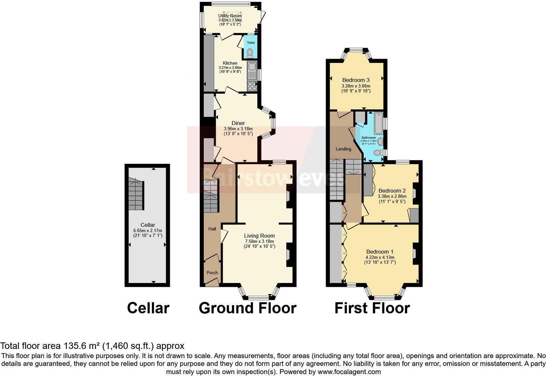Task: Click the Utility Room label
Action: (230, 16)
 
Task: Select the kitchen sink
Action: (252, 67)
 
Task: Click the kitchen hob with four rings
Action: (252, 86)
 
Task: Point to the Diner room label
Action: (238, 123)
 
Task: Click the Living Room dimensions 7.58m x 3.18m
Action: (260, 241)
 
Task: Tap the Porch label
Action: (212, 273)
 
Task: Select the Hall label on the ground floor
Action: (212, 229)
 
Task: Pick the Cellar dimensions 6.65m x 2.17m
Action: (148, 230)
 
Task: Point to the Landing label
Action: (343, 149)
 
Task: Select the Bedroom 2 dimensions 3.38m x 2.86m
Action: (392, 196)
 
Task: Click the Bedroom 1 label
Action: (379, 252)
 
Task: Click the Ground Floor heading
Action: (247, 308)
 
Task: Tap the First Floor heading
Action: (372, 308)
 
